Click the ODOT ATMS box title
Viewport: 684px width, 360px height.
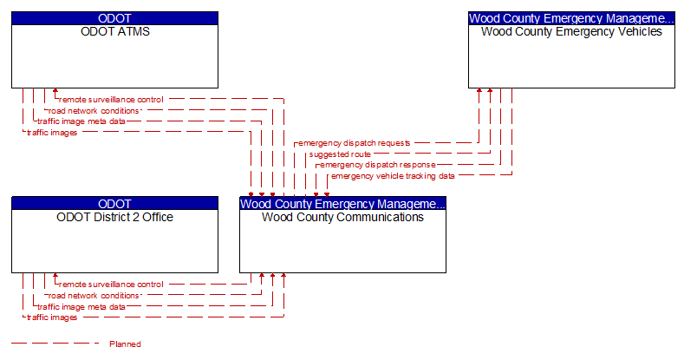coord(114,32)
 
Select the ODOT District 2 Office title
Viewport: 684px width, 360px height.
coord(114,217)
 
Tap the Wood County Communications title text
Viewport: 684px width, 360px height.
coord(342,217)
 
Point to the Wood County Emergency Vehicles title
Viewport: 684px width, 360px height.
coord(571,32)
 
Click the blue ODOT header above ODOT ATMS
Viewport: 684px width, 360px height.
coord(114,17)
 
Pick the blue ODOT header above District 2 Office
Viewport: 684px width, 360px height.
coord(114,203)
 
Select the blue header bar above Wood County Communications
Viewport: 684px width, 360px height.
coord(342,203)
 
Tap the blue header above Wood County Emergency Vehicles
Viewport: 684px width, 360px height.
coord(571,17)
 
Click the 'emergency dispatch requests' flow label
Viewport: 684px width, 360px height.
coord(354,142)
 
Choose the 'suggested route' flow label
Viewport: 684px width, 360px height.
coord(340,154)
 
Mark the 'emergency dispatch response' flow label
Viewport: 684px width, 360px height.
coord(377,164)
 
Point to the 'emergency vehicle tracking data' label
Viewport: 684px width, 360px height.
coord(392,175)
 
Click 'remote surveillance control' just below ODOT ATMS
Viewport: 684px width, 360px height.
coord(111,100)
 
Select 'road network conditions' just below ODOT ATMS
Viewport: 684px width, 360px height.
coord(94,111)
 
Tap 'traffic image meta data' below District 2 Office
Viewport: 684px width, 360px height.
coord(81,306)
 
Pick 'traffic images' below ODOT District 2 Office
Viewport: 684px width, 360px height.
coord(52,317)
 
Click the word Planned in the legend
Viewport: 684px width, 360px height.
coord(125,344)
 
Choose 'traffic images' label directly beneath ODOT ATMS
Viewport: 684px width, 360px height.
coord(52,133)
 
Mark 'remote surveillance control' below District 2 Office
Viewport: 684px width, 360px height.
coord(111,285)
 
